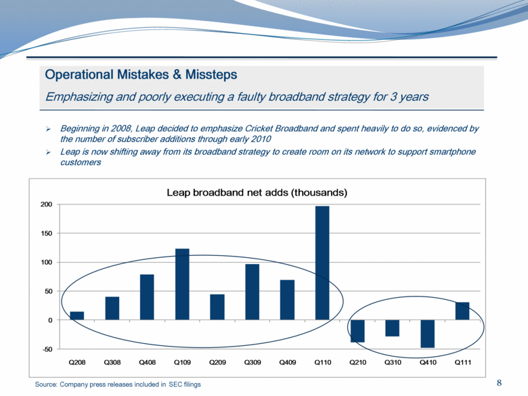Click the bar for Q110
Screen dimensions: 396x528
coord(322,263)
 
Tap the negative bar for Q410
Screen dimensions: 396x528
coord(427,334)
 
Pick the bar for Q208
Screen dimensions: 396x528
coord(77,315)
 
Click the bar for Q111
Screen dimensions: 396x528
coord(462,311)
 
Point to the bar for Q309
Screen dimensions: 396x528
coord(252,292)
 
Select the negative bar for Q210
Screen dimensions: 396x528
coord(357,331)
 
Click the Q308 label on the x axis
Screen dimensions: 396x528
coord(112,363)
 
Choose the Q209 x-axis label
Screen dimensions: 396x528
coord(217,363)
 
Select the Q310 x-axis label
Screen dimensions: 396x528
coord(393,363)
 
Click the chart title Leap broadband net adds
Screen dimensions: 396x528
coord(257,193)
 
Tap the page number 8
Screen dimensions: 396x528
coord(500,383)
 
